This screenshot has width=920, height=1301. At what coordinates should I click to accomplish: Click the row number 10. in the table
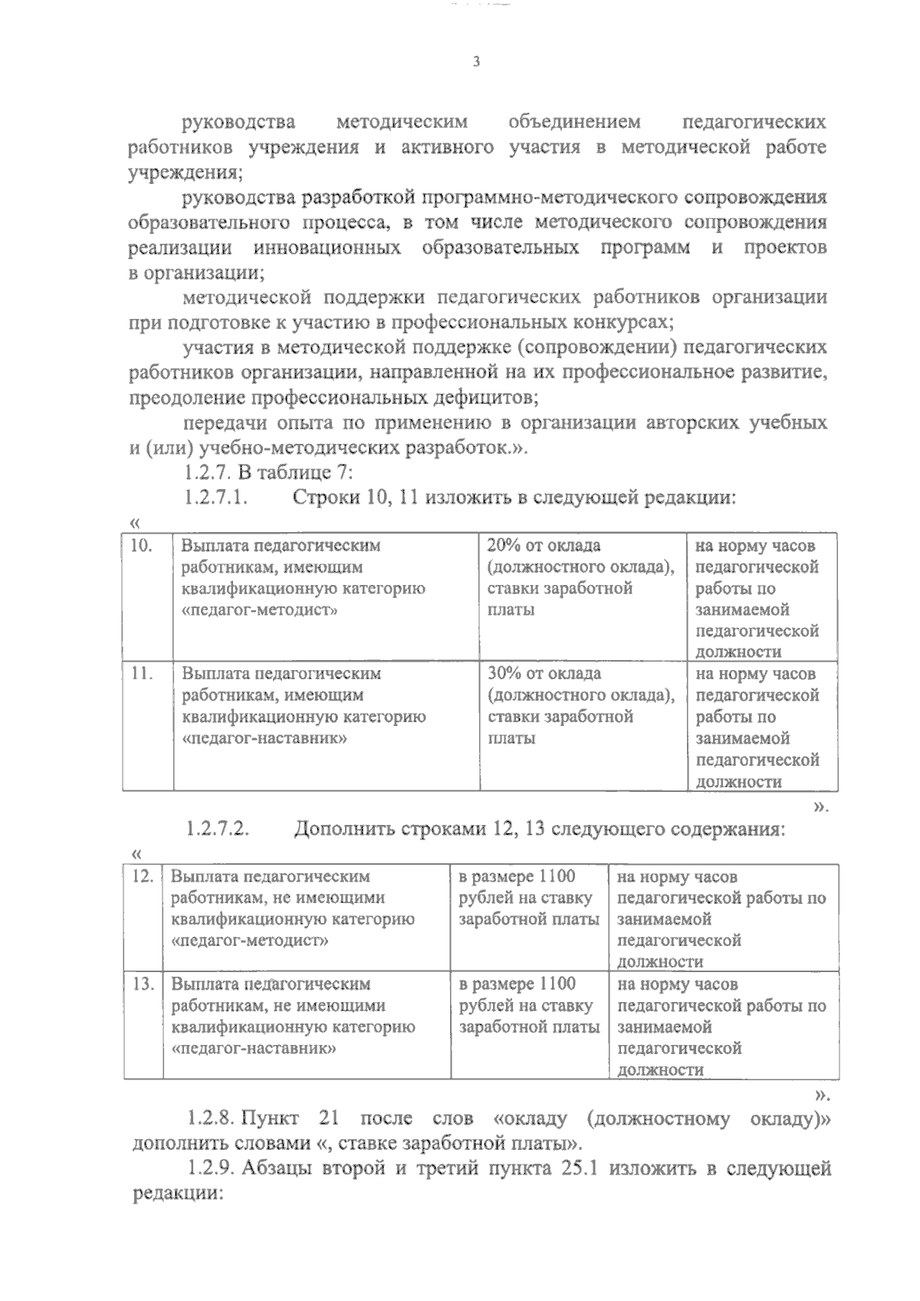click(x=142, y=546)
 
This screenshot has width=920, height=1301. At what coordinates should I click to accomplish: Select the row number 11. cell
click(x=142, y=674)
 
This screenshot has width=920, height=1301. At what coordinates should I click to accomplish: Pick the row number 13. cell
click(x=143, y=984)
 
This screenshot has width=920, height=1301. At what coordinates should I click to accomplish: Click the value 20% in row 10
click(x=504, y=546)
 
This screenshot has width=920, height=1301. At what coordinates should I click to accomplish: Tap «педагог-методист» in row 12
click(x=250, y=941)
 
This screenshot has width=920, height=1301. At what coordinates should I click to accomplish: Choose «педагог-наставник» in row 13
click(x=254, y=1048)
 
